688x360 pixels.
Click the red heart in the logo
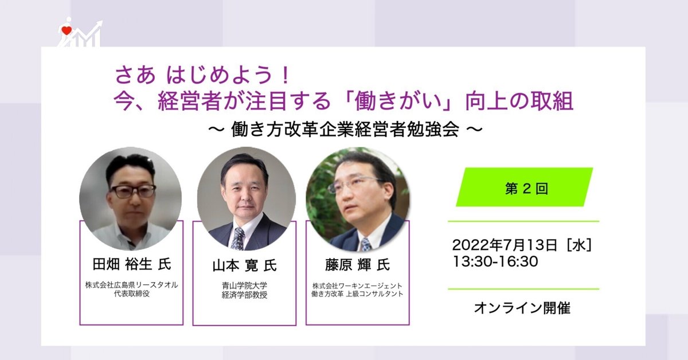tap(67, 30)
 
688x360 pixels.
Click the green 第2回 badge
tap(525, 187)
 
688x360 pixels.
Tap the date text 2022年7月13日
tap(505, 245)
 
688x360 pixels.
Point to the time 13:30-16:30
tap(495, 261)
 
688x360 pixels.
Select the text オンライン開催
tap(522, 308)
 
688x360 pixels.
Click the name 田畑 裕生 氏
tap(132, 264)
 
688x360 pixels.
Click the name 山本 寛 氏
tap(244, 265)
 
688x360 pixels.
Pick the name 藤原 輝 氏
tap(358, 265)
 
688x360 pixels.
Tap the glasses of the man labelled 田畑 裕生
tap(133, 191)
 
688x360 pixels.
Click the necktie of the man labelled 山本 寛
tap(238, 238)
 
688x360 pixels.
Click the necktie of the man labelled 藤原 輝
tap(366, 245)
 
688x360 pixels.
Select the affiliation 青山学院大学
tap(244, 285)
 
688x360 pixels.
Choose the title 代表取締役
tap(132, 294)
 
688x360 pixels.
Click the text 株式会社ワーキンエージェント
tap(357, 286)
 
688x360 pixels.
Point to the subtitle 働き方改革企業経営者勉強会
tap(345, 130)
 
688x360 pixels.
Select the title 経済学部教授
tap(244, 295)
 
